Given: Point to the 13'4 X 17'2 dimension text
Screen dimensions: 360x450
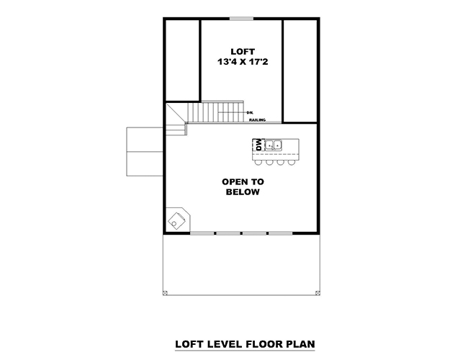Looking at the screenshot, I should point(241,63).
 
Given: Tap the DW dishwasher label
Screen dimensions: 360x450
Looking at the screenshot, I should point(258,146).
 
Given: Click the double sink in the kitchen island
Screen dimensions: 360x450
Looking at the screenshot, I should point(275,146).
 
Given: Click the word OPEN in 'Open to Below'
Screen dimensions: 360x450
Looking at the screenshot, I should point(233,182).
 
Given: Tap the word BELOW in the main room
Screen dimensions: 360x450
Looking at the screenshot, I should point(242,193).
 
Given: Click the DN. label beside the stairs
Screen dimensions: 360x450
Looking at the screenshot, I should point(249,113).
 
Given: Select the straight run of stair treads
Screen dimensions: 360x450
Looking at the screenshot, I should point(216,112).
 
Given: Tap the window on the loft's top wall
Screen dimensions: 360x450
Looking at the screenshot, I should point(241,18).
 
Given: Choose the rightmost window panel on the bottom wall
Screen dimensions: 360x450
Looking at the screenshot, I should point(280,233).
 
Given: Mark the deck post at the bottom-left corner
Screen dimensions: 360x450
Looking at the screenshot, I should point(165,293).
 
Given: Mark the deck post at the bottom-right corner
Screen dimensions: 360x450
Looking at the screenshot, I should point(318,293).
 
